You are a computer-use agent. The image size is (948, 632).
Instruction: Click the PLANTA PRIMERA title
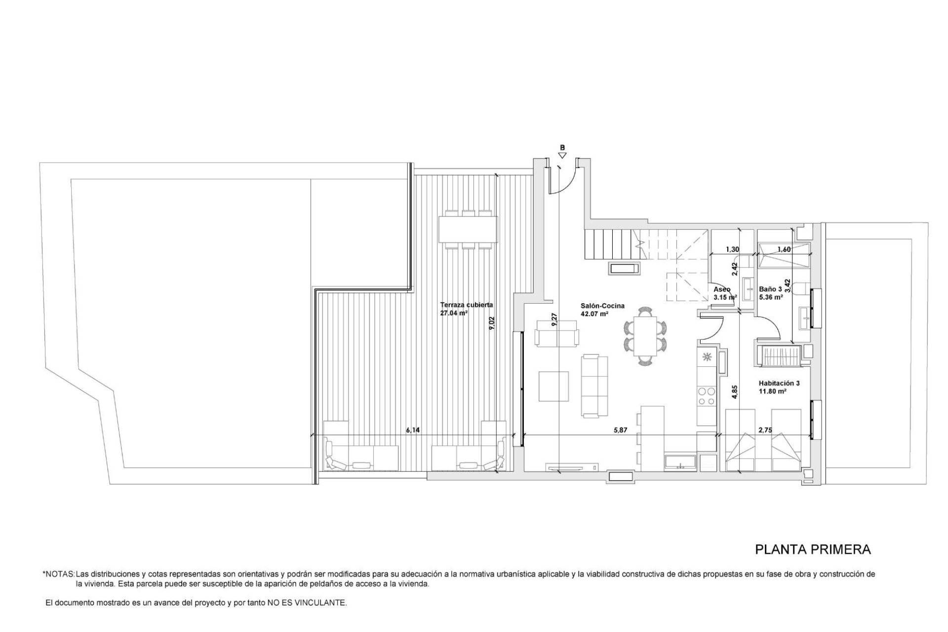click(x=813, y=550)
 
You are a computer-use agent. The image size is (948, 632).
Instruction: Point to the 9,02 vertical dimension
click(x=491, y=323)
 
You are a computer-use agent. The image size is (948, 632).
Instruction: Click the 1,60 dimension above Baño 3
click(x=784, y=250)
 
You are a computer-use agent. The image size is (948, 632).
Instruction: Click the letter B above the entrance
click(x=562, y=147)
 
